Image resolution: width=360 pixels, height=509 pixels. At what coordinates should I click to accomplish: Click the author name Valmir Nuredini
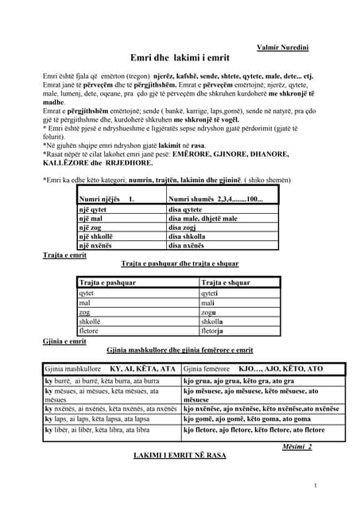[285, 49]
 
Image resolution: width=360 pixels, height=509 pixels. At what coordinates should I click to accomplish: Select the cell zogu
[209, 312]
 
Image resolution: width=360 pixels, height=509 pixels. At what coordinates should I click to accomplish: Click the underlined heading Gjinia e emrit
[64, 341]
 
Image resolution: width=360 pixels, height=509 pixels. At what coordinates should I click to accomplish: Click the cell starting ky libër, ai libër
[97, 429]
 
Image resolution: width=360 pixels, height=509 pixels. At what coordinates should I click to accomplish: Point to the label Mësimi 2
[297, 448]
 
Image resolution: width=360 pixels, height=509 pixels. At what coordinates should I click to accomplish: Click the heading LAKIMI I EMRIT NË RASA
[180, 457]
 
